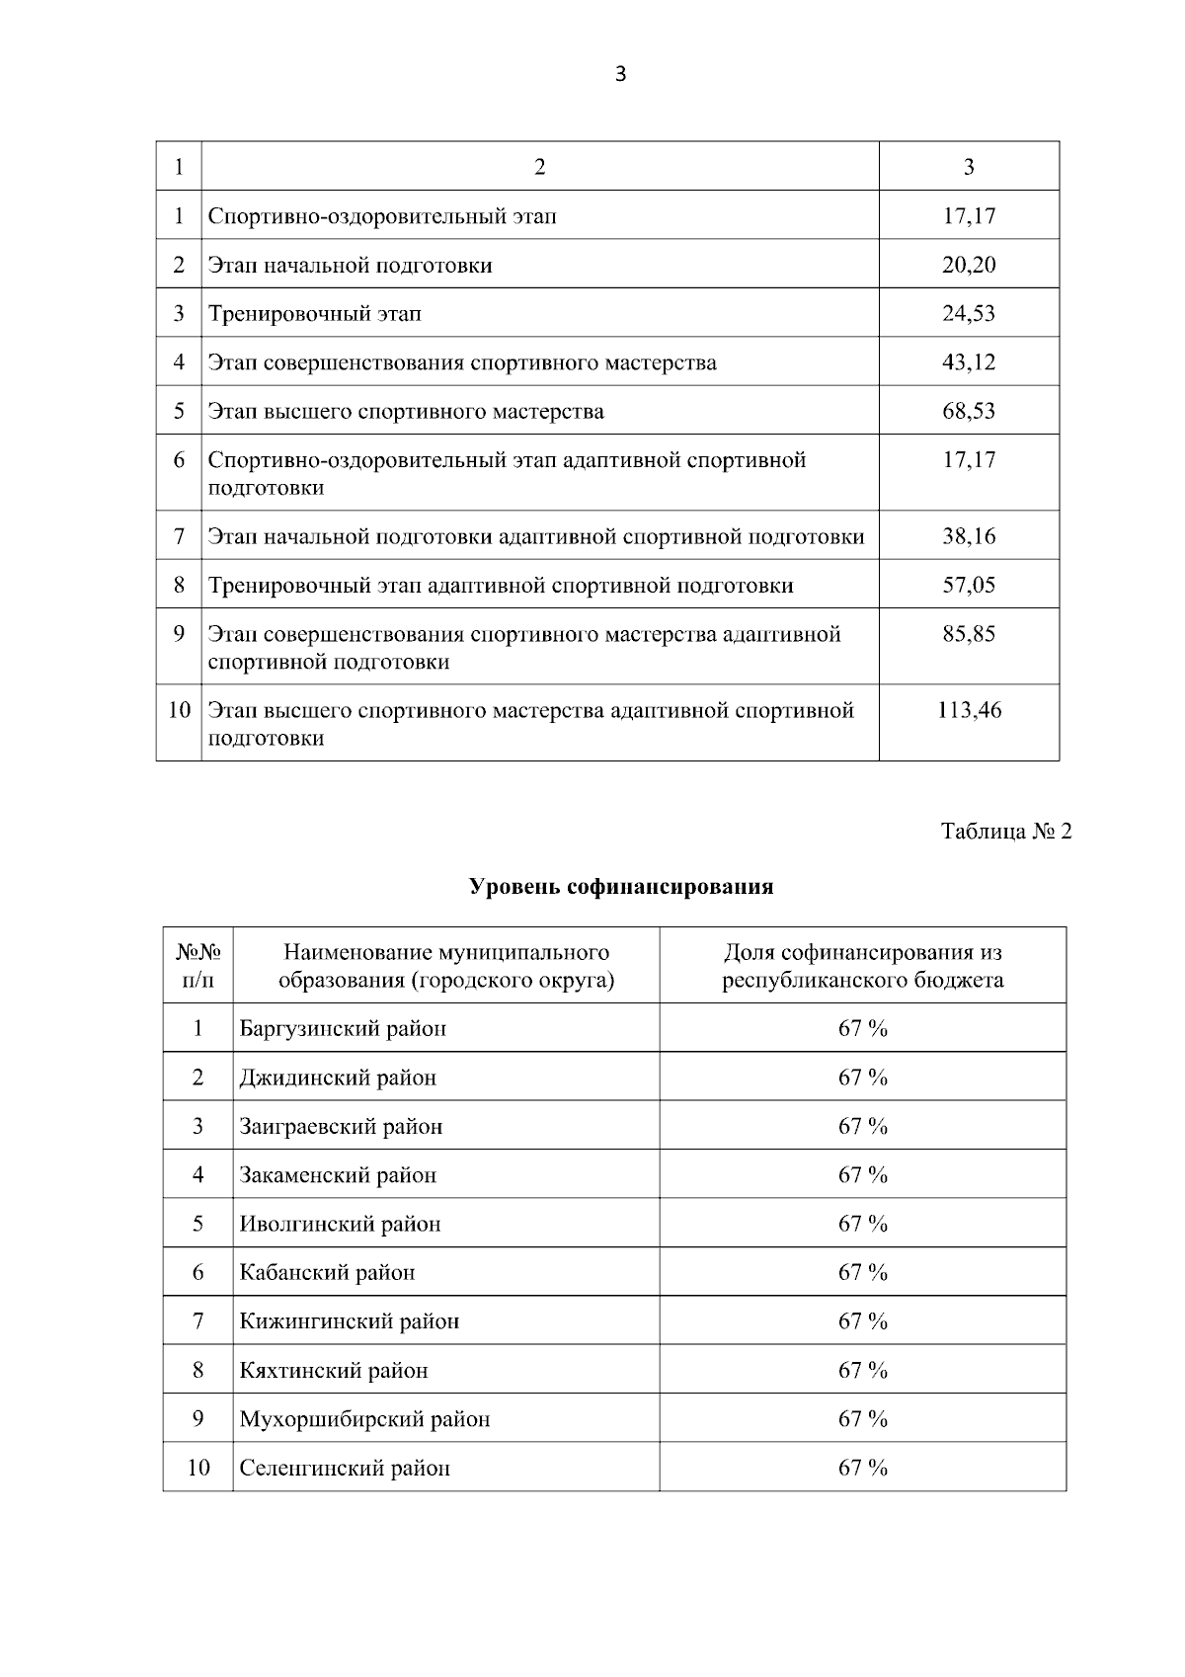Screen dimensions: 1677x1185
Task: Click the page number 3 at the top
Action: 620,75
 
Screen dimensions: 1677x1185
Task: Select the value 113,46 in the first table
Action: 969,710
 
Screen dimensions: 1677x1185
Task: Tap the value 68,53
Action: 969,411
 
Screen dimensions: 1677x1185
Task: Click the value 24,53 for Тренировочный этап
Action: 969,314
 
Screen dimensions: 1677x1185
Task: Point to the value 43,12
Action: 969,362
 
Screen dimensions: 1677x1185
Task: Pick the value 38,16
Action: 969,536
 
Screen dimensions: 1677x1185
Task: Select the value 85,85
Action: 969,634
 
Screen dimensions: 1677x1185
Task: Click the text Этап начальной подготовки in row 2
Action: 350,266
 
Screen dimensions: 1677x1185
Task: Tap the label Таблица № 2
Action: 1006,832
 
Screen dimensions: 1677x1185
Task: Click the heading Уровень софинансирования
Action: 620,887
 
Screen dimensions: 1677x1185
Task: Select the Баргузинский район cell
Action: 343,1029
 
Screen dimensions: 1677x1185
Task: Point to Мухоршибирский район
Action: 364,1419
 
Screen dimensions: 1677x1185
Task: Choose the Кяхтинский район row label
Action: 334,1371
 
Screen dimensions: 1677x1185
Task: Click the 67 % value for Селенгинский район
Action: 863,1469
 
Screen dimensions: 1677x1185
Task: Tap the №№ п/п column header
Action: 197,966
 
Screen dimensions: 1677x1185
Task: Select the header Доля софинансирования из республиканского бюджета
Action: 863,966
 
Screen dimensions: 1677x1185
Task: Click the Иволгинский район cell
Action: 340,1225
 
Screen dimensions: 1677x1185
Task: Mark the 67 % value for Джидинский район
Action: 863,1078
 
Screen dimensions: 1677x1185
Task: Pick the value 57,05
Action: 969,586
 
